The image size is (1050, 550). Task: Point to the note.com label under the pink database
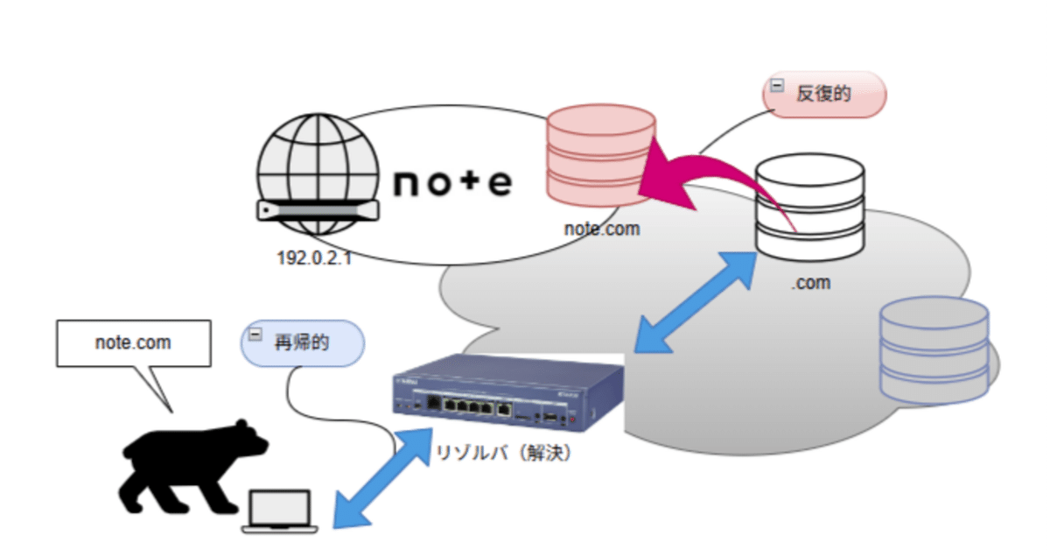pyautogui.click(x=602, y=230)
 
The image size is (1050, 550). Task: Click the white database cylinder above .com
pyautogui.click(x=809, y=208)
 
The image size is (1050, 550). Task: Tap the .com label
pyautogui.click(x=811, y=283)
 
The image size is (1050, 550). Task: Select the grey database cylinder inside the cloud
pyautogui.click(x=934, y=349)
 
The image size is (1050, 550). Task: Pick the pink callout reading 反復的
pyautogui.click(x=825, y=95)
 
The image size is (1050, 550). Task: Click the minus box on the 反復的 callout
pyautogui.click(x=775, y=85)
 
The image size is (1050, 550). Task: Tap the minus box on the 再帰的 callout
pyautogui.click(x=255, y=334)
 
